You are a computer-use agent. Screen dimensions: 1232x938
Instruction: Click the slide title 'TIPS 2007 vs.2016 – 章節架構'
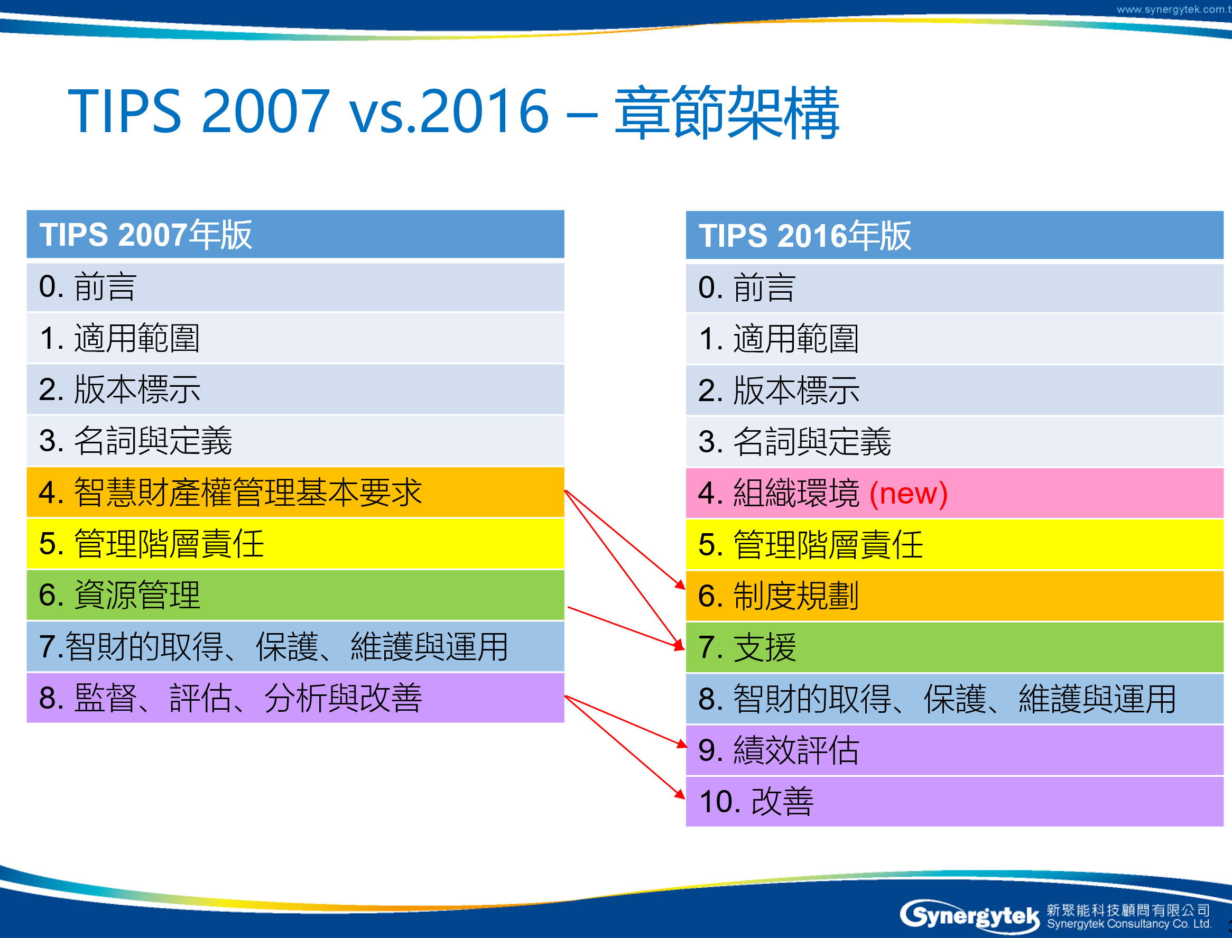pyautogui.click(x=453, y=112)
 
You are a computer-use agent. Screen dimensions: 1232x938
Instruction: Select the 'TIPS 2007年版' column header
pyautogui.click(x=295, y=234)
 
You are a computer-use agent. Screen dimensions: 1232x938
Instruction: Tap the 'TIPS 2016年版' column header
pyautogui.click(x=955, y=235)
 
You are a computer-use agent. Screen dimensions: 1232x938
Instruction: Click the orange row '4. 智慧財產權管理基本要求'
pyautogui.click(x=295, y=493)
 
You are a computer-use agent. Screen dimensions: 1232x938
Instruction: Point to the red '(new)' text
pyautogui.click(x=909, y=494)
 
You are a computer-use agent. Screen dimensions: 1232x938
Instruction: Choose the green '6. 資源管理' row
pyautogui.click(x=295, y=595)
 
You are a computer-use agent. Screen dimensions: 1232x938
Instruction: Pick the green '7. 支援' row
pyautogui.click(x=955, y=648)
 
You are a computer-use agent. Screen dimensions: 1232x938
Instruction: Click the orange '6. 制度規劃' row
pyautogui.click(x=955, y=596)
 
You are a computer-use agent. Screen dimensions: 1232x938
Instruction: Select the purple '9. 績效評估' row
pyautogui.click(x=955, y=750)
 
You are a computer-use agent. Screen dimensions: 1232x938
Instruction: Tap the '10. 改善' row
pyautogui.click(x=955, y=802)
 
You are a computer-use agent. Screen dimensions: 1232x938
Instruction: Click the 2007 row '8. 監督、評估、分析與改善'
pyautogui.click(x=295, y=698)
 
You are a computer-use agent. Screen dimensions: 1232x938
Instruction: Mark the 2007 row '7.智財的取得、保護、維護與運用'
pyautogui.click(x=295, y=646)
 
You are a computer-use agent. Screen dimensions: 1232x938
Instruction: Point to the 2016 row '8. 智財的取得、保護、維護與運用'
pyautogui.click(x=955, y=699)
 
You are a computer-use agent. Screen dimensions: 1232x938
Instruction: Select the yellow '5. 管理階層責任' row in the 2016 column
pyautogui.click(x=955, y=545)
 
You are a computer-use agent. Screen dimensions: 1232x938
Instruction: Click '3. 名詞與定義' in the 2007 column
pyautogui.click(x=295, y=441)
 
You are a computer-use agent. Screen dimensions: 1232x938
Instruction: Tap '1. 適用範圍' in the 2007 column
pyautogui.click(x=295, y=338)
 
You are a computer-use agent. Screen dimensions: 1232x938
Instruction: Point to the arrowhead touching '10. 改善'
pyautogui.click(x=680, y=794)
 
